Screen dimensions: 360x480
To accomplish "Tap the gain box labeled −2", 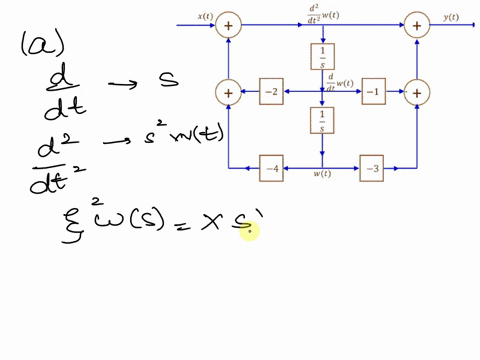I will point(272,93).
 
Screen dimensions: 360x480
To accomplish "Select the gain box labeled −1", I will point(373,93).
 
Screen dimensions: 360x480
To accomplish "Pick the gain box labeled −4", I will point(272,169).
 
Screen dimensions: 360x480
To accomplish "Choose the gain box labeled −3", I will point(373,169).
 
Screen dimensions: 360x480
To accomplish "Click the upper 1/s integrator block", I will point(323,57).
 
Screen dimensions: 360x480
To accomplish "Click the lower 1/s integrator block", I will point(323,121).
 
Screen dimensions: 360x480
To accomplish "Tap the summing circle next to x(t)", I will point(229,24).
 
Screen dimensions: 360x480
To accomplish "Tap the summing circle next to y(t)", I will point(417,24).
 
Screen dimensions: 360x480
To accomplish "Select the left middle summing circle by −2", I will point(229,93).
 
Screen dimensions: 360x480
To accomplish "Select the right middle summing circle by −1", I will point(417,93).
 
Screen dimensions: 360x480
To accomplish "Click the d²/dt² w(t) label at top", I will point(323,12).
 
